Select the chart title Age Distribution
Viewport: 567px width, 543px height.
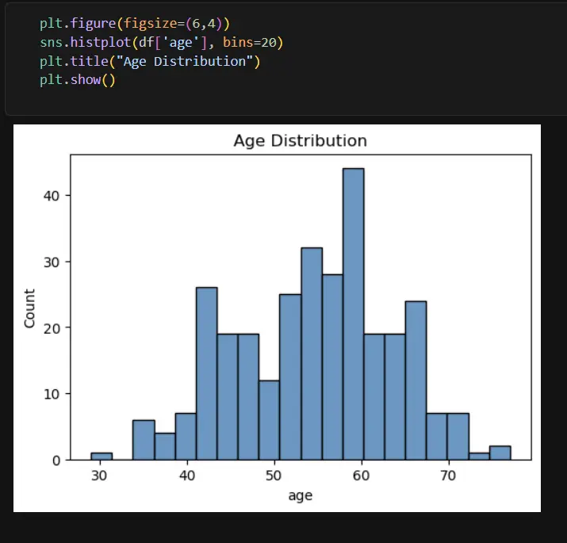(x=300, y=141)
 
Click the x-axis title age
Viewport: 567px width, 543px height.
(x=300, y=495)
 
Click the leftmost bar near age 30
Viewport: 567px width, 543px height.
(x=102, y=456)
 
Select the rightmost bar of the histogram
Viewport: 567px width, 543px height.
(x=500, y=453)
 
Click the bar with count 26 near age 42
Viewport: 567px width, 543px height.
(x=206, y=373)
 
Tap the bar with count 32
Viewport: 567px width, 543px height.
(x=312, y=354)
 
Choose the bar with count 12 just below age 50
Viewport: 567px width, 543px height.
(x=269, y=420)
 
